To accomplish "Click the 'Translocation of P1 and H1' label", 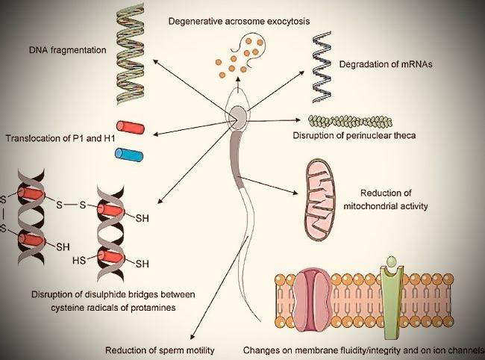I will [54, 138].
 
